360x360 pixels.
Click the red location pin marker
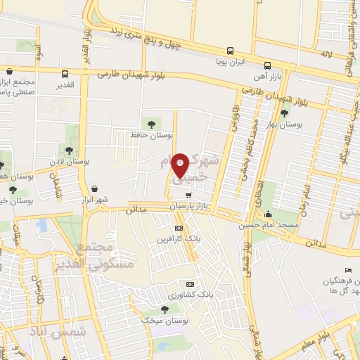pos(181,165)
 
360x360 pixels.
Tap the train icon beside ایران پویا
pos(231,51)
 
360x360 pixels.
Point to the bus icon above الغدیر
pos(65,74)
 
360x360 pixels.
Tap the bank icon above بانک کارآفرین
pos(179,229)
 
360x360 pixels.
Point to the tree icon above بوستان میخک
pos(165,308)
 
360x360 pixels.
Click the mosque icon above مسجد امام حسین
pos(268,214)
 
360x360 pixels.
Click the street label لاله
pos(326,53)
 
